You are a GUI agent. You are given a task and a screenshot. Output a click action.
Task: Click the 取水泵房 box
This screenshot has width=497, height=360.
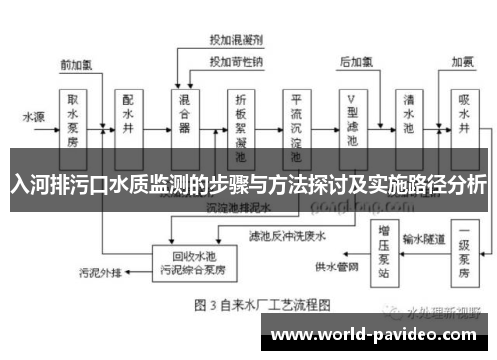coord(73,120)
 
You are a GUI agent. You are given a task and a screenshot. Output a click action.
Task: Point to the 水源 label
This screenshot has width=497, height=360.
coord(34,116)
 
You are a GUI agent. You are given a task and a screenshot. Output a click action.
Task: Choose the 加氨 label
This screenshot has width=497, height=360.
coord(463,62)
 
